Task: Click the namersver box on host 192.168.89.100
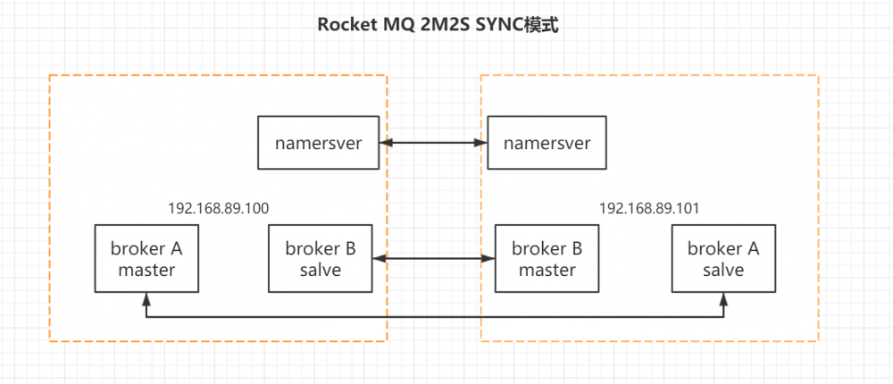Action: tap(319, 143)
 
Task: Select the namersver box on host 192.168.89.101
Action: tap(546, 143)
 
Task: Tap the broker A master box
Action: tap(147, 259)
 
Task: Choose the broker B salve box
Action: tap(320, 259)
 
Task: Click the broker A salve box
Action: tap(723, 259)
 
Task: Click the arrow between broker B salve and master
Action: tap(433, 259)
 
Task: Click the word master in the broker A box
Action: tap(147, 270)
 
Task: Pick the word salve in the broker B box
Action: tap(320, 270)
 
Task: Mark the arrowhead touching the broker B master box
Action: tap(489, 259)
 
